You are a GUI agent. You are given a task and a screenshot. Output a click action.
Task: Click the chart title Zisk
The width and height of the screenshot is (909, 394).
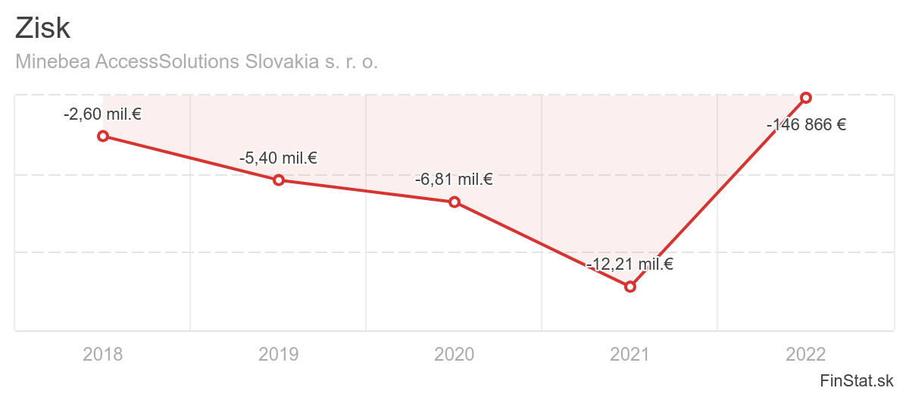pyautogui.click(x=42, y=29)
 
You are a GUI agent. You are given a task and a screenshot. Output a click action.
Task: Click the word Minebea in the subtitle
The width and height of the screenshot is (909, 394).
pyautogui.click(x=52, y=61)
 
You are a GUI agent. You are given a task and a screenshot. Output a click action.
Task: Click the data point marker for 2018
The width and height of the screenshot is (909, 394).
pyautogui.click(x=103, y=136)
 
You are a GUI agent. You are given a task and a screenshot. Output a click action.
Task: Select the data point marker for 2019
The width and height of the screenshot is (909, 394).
pyautogui.click(x=279, y=180)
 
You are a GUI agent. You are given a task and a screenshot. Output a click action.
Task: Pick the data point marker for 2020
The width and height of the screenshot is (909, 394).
pyautogui.click(x=454, y=202)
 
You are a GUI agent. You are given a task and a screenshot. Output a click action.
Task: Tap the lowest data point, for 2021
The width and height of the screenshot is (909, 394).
pyautogui.click(x=629, y=286)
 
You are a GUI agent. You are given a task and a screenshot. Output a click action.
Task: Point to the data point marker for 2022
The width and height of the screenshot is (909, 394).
pyautogui.click(x=806, y=97)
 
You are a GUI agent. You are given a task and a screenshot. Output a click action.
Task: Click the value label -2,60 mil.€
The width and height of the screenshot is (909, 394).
pyautogui.click(x=103, y=114)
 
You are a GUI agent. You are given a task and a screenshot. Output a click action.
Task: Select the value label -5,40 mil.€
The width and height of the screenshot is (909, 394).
pyautogui.click(x=278, y=158)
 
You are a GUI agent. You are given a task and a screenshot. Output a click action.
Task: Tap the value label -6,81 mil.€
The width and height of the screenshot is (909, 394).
pyautogui.click(x=454, y=180)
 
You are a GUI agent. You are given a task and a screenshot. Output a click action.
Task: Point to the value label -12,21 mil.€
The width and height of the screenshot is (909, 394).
pyautogui.click(x=629, y=264)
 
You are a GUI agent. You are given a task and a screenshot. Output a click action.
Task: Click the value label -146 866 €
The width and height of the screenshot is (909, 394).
pyautogui.click(x=806, y=125)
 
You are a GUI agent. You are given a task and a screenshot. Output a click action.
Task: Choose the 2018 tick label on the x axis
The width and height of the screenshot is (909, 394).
pyautogui.click(x=103, y=354)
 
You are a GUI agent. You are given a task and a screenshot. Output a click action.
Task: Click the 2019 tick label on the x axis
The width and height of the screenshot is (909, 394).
pyautogui.click(x=279, y=354)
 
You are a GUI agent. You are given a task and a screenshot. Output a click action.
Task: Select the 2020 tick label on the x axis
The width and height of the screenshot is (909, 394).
pyautogui.click(x=454, y=354)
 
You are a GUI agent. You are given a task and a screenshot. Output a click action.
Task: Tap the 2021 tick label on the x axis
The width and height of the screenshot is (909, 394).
pyautogui.click(x=629, y=354)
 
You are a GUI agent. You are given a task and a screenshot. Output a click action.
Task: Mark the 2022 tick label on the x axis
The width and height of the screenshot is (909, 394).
pyautogui.click(x=806, y=354)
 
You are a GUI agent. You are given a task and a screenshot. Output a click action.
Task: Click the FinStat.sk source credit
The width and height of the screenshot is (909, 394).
pyautogui.click(x=857, y=380)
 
